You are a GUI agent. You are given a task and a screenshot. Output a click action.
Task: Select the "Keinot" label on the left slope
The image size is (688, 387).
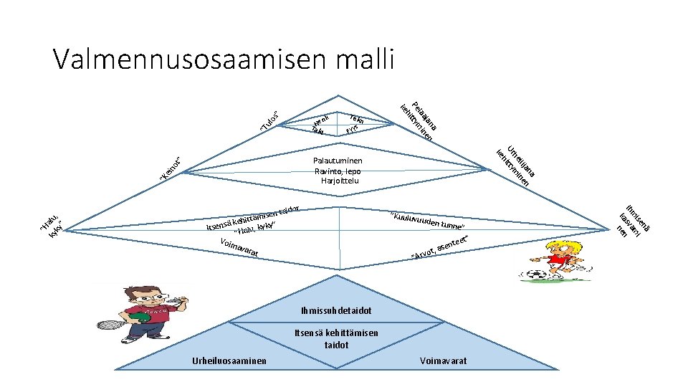point(175,168)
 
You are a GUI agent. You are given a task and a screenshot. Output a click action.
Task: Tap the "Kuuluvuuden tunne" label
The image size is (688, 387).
point(429,222)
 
